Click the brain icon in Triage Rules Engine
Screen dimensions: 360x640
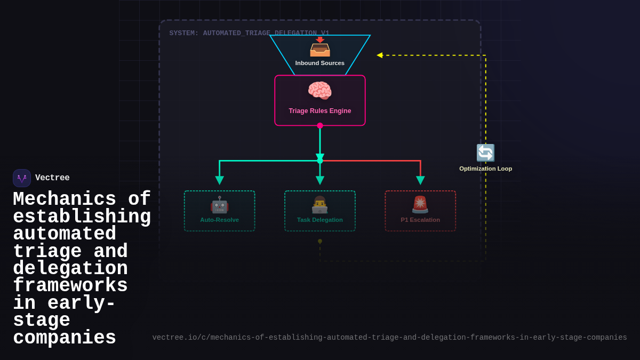pos(319,91)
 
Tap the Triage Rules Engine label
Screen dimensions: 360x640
pos(320,111)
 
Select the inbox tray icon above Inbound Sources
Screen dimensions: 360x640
pos(320,48)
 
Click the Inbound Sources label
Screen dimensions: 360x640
pos(320,63)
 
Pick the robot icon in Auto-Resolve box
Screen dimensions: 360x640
pos(219,205)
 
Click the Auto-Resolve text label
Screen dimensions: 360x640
pos(219,220)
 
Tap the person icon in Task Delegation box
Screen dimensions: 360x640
pos(320,205)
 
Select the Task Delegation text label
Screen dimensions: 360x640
pos(320,220)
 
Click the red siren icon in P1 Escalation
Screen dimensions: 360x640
pos(420,205)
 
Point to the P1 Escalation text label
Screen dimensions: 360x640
pos(420,220)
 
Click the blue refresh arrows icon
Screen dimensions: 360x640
pos(485,153)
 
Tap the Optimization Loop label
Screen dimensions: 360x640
pos(485,169)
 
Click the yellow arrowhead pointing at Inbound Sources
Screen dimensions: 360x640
pos(380,55)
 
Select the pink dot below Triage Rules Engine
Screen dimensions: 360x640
pos(320,126)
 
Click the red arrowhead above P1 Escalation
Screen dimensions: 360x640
pos(420,180)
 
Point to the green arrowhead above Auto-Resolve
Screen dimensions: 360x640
pos(219,180)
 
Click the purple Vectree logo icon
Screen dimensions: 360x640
pos(22,178)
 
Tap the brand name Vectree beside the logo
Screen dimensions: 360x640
pos(52,178)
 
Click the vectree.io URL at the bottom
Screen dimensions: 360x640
pos(389,338)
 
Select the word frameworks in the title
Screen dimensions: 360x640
pos(70,286)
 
